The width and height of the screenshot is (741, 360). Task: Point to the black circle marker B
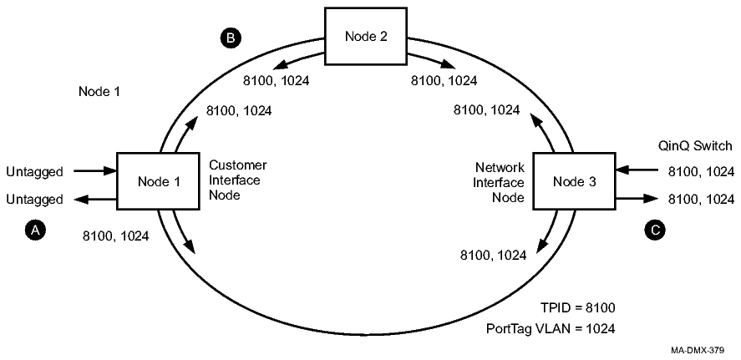tap(226, 38)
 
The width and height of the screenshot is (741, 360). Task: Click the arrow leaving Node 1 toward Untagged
tap(95, 199)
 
